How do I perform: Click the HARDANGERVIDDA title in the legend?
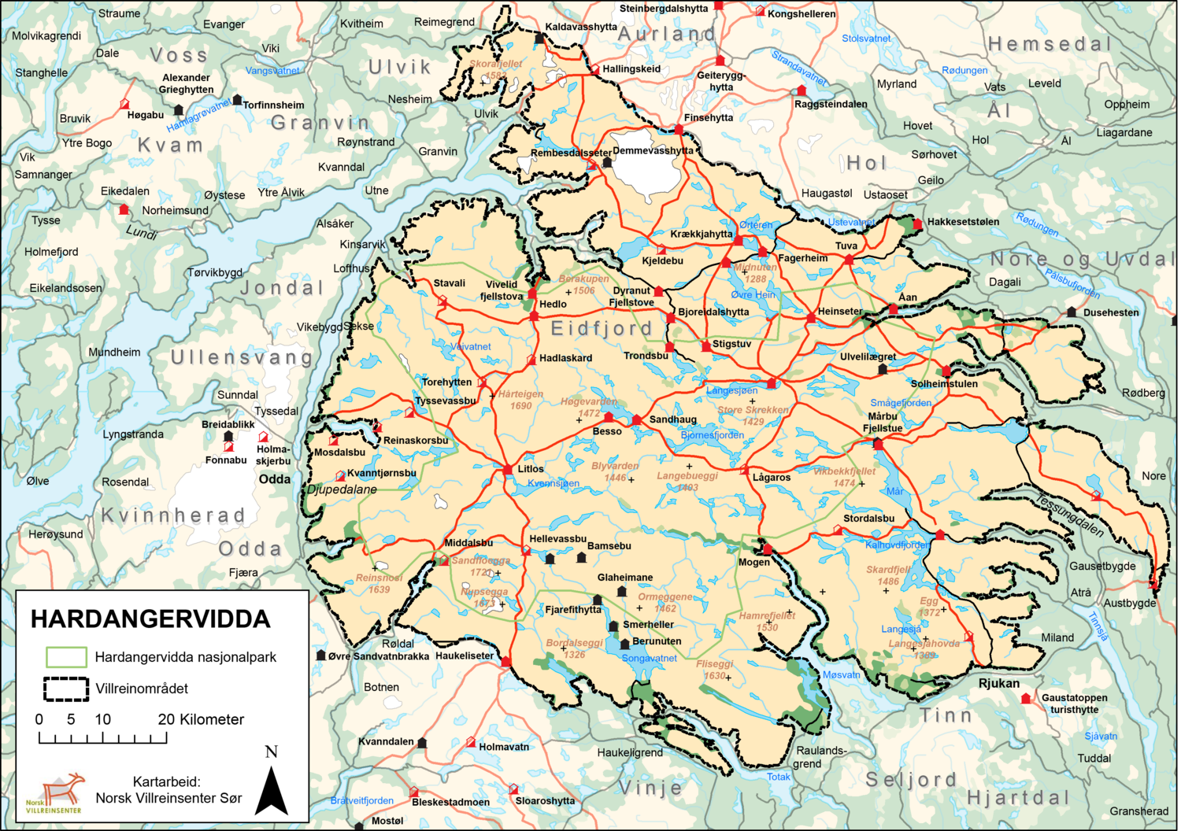(150, 619)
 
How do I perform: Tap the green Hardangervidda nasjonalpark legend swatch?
(66, 657)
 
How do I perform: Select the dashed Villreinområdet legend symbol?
(66, 689)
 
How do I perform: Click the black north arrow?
(272, 790)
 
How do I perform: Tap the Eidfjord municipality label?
(602, 328)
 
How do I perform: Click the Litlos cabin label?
(531, 469)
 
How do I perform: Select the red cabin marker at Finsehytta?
(679, 129)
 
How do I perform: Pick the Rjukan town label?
(998, 683)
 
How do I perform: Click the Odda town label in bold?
(274, 479)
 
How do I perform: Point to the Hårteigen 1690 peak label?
(520, 400)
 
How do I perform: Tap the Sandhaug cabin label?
(672, 419)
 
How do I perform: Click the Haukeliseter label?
(465, 656)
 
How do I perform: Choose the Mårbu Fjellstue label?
(882, 423)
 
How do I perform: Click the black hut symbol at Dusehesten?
(1072, 312)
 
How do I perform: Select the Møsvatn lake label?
(841, 674)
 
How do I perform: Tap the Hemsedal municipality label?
(1050, 44)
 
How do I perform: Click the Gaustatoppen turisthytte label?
(1074, 704)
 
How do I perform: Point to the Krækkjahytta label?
(701, 234)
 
